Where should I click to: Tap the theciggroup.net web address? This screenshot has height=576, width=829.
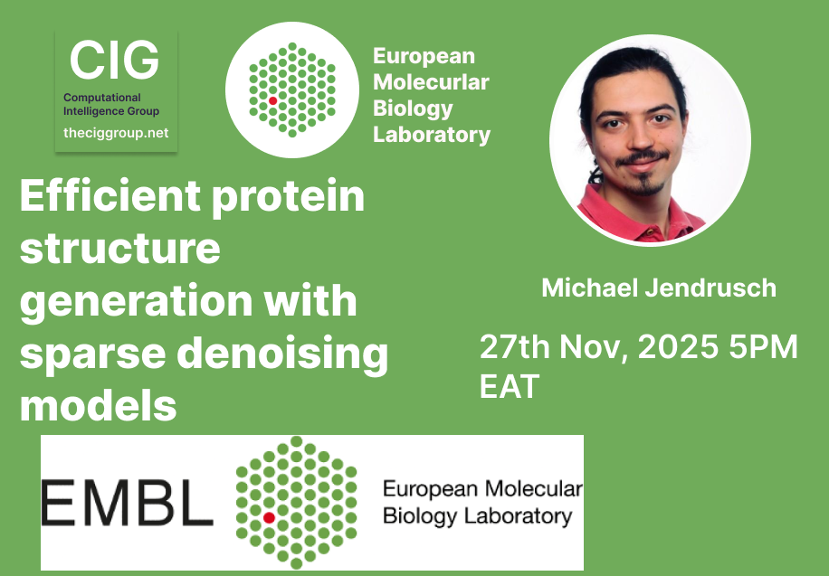click(116, 133)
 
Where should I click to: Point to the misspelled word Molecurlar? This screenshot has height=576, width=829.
click(431, 82)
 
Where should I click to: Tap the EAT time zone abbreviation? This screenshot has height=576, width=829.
click(509, 386)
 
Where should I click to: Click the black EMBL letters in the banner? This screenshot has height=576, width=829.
click(127, 504)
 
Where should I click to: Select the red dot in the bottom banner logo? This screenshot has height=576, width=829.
click(269, 517)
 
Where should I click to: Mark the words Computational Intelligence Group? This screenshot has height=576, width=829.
click(111, 104)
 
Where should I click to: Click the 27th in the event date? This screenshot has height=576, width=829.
click(517, 347)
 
